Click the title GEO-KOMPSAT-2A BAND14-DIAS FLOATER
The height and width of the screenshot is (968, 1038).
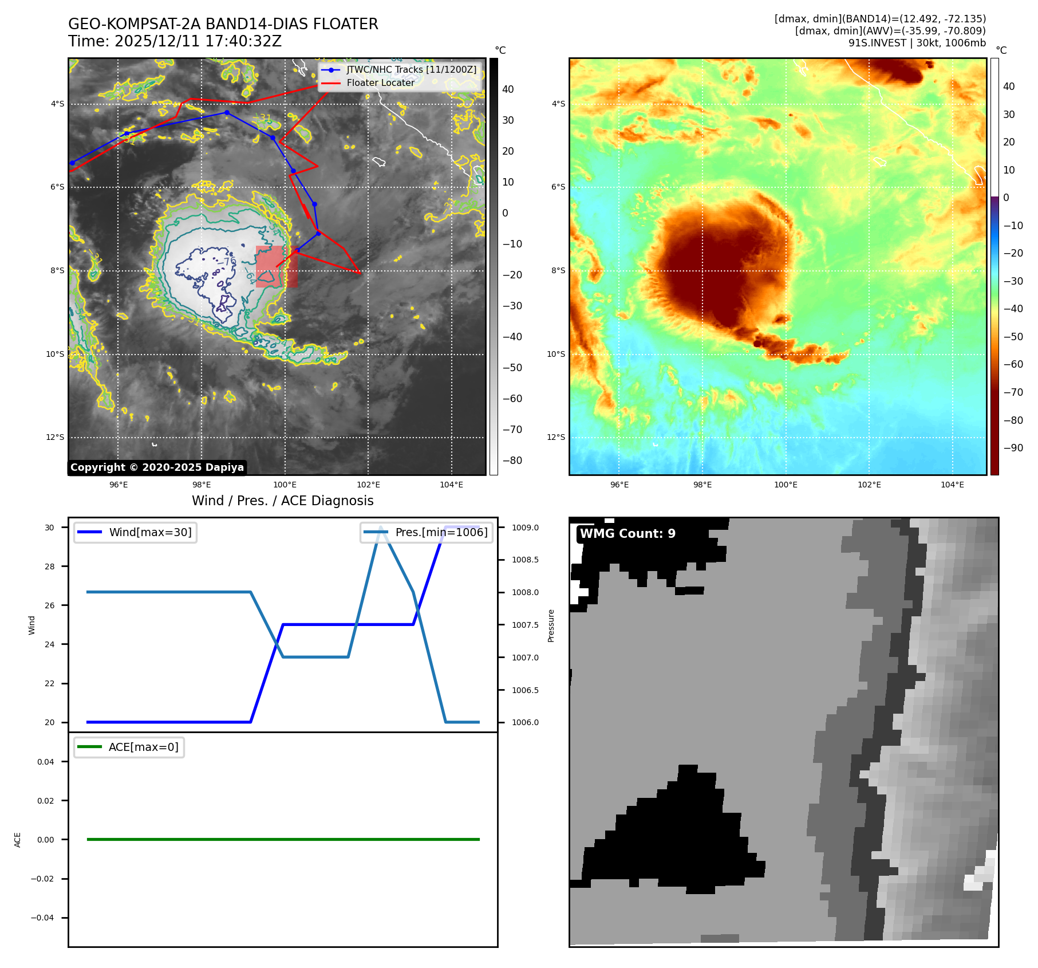(x=223, y=24)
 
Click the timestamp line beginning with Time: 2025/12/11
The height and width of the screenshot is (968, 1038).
(x=175, y=41)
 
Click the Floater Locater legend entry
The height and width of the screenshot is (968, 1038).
(x=380, y=82)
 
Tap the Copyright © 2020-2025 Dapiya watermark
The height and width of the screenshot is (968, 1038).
(x=157, y=467)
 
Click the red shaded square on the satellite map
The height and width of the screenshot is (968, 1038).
(x=277, y=266)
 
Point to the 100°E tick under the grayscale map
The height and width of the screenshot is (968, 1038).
(x=285, y=485)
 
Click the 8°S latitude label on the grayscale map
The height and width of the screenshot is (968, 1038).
(x=57, y=270)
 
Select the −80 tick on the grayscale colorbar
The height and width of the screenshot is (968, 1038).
(x=512, y=460)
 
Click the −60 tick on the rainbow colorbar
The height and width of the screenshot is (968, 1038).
(x=1013, y=364)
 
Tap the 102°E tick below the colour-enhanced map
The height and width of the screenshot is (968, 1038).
(x=869, y=485)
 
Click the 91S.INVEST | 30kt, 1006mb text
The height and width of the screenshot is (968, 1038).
(x=917, y=43)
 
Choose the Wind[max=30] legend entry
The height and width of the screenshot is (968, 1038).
(x=150, y=532)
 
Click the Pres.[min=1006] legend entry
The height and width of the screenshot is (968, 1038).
(x=441, y=532)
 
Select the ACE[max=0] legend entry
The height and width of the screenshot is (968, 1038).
(x=143, y=747)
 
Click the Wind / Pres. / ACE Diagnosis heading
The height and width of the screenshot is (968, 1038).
(x=282, y=501)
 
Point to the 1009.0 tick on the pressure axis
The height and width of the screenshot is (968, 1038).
(x=525, y=528)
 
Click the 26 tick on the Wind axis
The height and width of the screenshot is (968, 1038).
(x=50, y=605)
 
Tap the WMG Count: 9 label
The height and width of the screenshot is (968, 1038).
(x=627, y=533)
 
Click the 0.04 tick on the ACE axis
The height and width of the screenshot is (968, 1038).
(x=46, y=762)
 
